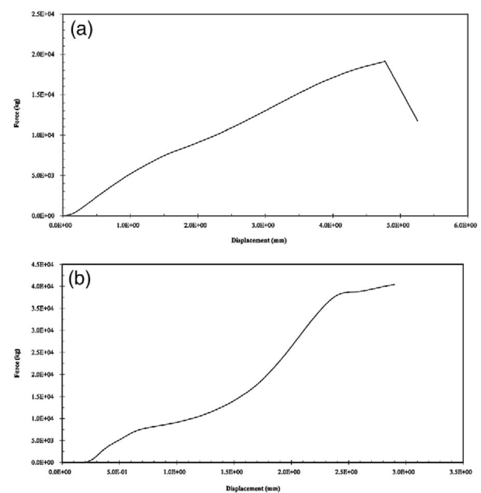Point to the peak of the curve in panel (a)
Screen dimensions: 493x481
[385, 61]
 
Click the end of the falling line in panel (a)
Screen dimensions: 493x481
[417, 121]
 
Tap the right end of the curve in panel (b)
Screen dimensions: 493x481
[394, 284]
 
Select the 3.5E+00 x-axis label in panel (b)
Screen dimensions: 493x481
[461, 472]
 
